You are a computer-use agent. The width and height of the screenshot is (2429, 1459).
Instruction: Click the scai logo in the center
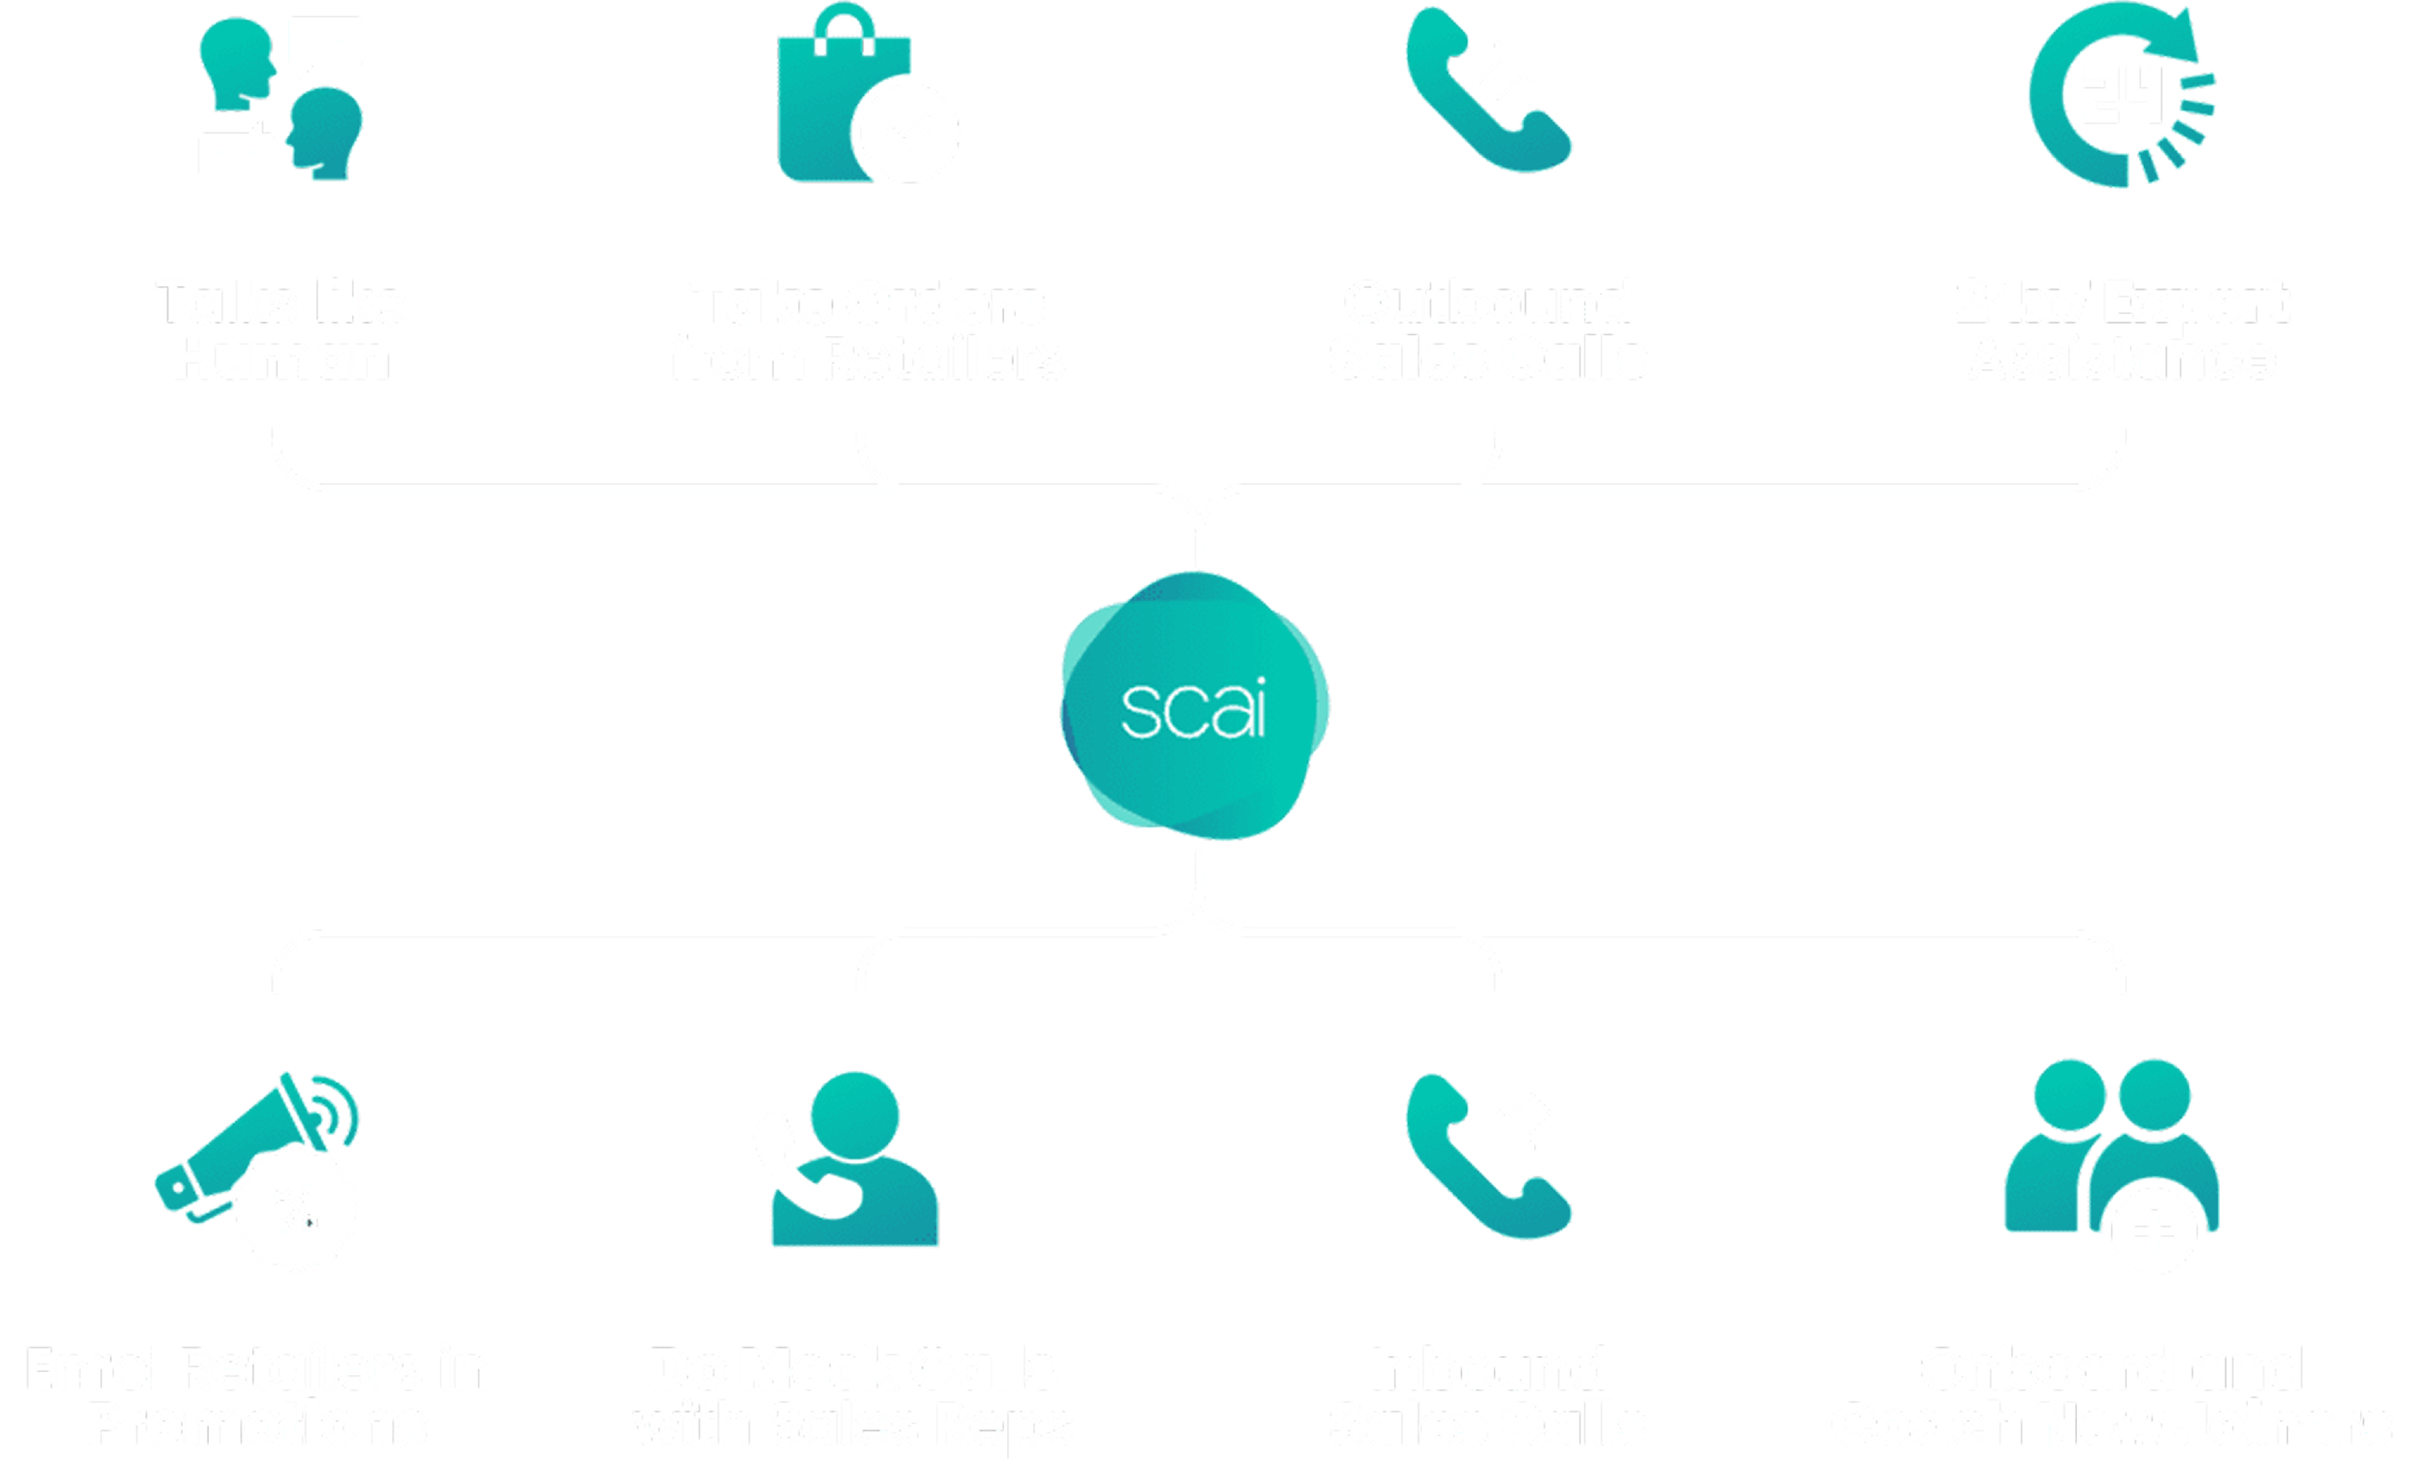pos(1194,707)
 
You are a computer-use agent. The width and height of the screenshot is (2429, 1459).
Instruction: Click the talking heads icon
pos(280,98)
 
